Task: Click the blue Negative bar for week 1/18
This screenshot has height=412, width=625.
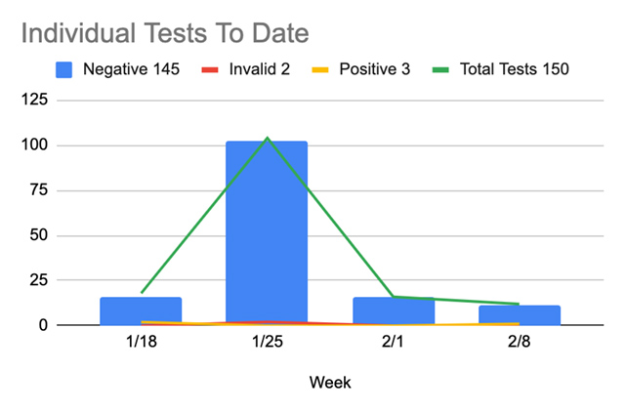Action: (141, 310)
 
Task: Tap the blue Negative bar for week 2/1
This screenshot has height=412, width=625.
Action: (394, 310)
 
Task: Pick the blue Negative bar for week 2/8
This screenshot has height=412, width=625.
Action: (520, 314)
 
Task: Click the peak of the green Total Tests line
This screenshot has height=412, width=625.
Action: (267, 138)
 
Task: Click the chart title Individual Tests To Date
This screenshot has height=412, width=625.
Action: (164, 33)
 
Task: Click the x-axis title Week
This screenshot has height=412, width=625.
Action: (329, 382)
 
